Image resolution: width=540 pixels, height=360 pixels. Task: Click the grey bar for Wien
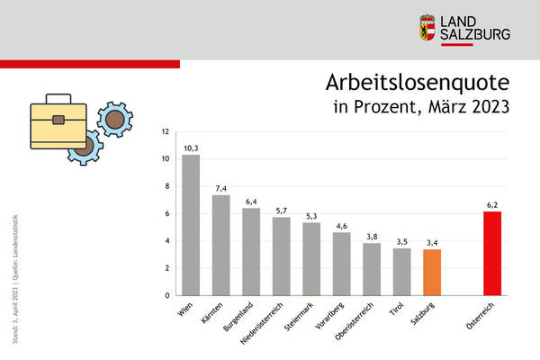191,225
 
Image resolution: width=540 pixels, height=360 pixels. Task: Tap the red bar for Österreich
492,253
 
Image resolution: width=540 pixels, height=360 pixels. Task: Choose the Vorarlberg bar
341,264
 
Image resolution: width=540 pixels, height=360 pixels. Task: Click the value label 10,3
191,147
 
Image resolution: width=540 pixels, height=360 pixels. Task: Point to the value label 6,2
492,204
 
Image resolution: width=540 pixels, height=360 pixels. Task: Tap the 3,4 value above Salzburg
432,241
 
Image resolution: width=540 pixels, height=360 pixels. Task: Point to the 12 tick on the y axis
165,131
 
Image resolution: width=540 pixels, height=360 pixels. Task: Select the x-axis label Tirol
397,310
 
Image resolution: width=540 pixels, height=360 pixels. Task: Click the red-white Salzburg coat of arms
427,27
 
